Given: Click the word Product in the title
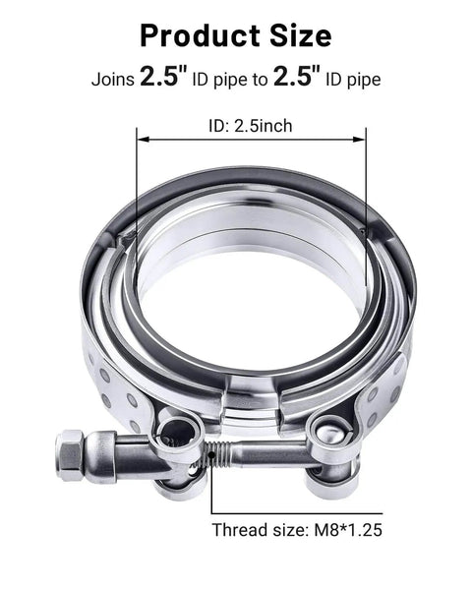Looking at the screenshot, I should click(197, 36).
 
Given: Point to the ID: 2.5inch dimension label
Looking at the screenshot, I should click(250, 125).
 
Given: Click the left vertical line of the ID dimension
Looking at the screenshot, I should click(135, 187).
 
